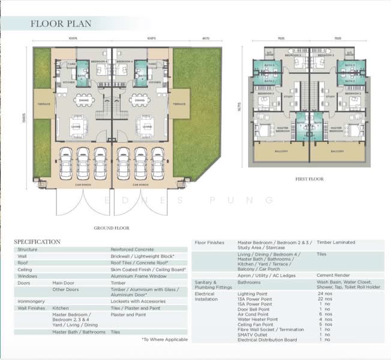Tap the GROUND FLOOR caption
(112, 228)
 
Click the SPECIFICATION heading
(37, 242)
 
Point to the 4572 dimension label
(189, 39)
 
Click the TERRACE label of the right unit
(179, 104)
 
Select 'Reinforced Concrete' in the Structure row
(132, 250)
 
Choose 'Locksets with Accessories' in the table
(137, 301)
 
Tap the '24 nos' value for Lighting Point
(325, 294)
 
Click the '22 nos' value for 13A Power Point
(325, 299)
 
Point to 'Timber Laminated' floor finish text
(336, 242)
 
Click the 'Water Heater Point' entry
(257, 319)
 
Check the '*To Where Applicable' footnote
(164, 340)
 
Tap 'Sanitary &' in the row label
(205, 281)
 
